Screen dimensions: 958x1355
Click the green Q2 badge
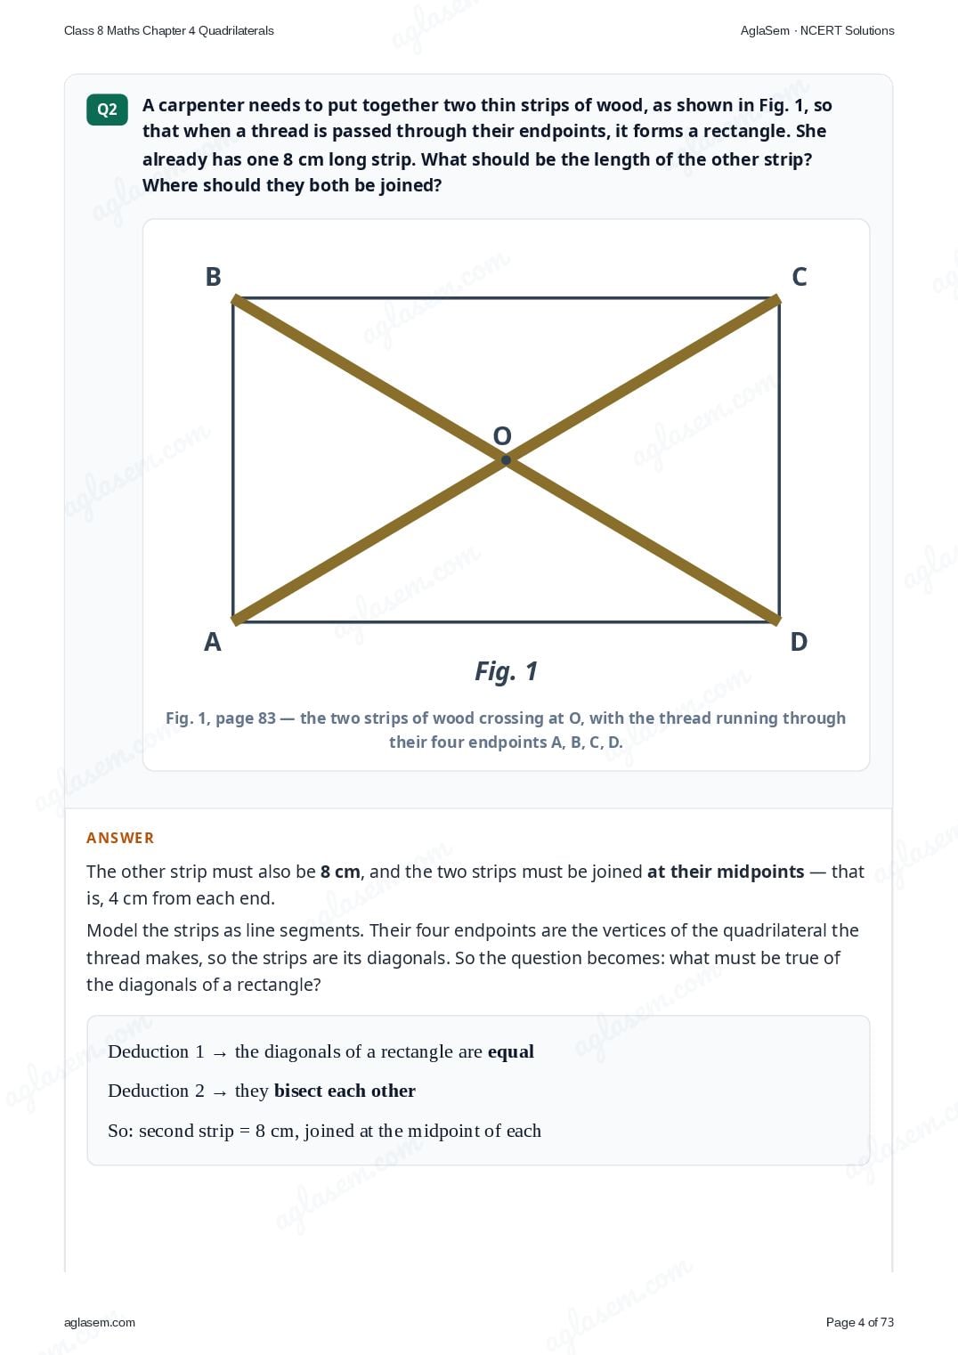107,110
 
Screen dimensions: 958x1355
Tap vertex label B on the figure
213,277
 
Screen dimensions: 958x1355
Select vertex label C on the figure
799,277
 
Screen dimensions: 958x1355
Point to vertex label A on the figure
212,642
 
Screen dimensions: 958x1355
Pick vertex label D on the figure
799,642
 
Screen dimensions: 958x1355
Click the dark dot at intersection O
507,460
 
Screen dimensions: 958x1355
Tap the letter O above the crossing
502,435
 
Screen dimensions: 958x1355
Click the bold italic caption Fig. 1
507,671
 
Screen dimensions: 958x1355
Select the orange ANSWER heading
120,838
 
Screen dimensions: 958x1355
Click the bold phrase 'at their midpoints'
726,872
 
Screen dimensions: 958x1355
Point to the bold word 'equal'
511,1052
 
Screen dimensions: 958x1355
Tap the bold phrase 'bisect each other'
345,1091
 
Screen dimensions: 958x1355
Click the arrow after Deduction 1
220,1054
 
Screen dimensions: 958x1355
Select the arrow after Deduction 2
220,1092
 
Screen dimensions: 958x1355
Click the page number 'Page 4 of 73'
860,1322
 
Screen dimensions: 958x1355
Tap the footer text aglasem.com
100,1323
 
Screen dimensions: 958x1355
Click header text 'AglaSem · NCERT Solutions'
817,31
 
